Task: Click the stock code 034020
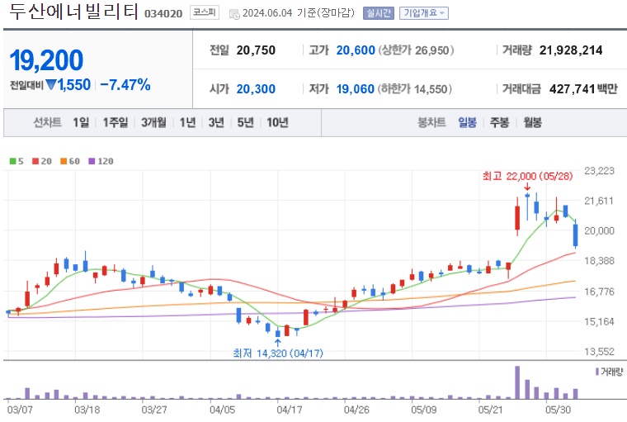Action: click(x=165, y=13)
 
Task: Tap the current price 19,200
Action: click(x=46, y=60)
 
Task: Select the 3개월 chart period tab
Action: click(x=153, y=122)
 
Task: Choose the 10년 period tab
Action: click(x=276, y=122)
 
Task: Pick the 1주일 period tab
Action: click(x=115, y=122)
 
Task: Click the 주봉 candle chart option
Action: click(x=499, y=122)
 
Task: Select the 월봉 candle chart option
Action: click(x=532, y=122)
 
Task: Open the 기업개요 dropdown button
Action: click(x=423, y=13)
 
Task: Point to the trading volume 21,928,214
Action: click(x=571, y=50)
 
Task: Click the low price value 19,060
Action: click(x=356, y=88)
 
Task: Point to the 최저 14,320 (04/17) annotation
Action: click(x=277, y=353)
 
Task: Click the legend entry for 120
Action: click(x=101, y=161)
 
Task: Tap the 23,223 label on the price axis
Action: click(x=599, y=171)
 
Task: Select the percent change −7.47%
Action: click(x=125, y=84)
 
